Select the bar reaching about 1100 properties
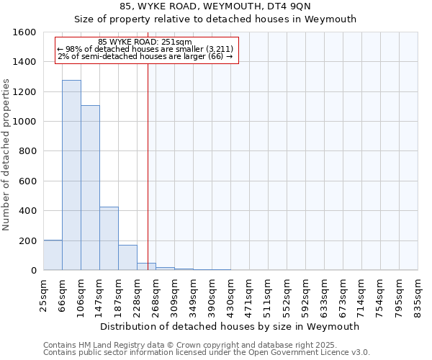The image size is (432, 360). pyautogui.click(x=90, y=188)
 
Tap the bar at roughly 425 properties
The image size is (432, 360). pyautogui.click(x=109, y=238)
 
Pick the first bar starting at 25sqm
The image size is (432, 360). pyautogui.click(x=53, y=255)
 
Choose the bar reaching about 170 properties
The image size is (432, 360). pyautogui.click(x=127, y=258)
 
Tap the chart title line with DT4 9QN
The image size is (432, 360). pyautogui.click(x=216, y=6)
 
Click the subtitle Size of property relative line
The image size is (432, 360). pyautogui.click(x=216, y=19)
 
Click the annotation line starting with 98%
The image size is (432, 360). pyautogui.click(x=145, y=49)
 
